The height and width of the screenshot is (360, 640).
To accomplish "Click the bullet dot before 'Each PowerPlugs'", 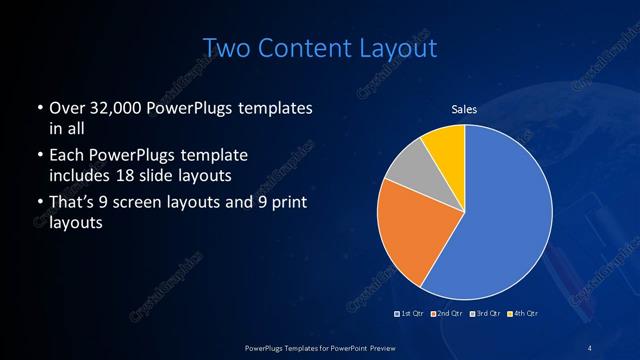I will (38, 157).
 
